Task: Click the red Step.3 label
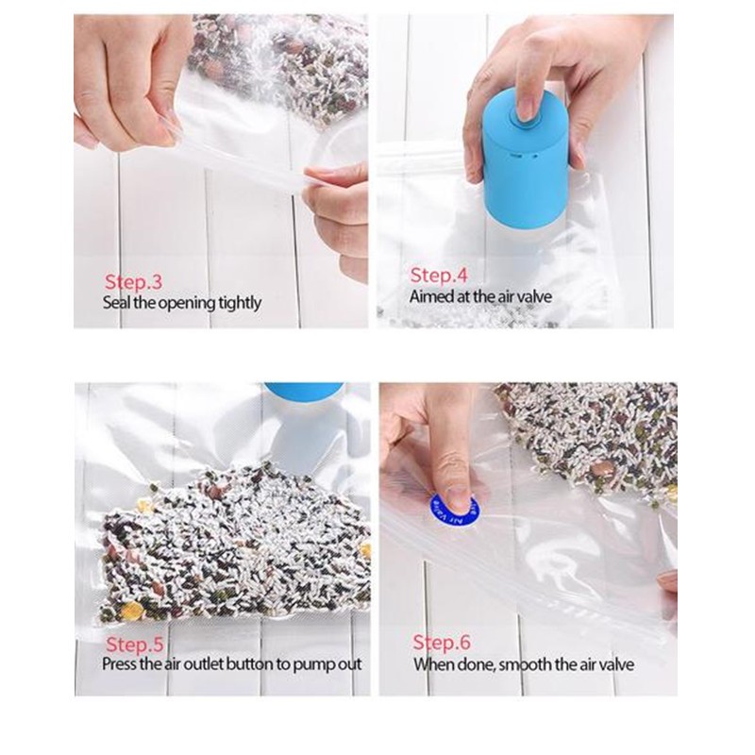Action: click(133, 282)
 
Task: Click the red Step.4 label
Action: click(439, 276)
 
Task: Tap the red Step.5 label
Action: click(135, 645)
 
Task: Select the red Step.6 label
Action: click(442, 643)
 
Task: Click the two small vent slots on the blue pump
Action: click(524, 155)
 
